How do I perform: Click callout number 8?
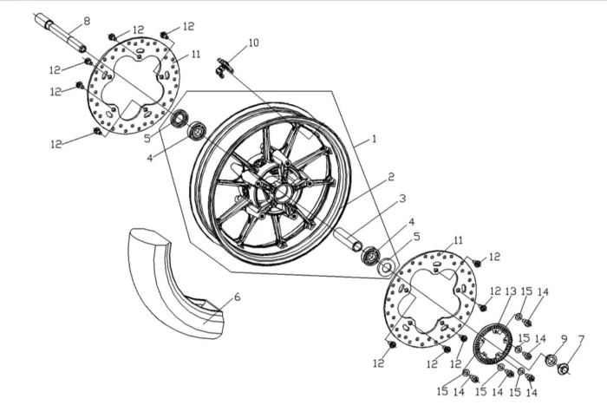[86, 20]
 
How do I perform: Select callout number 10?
[253, 42]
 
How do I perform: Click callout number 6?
[238, 297]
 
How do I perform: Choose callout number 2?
[391, 176]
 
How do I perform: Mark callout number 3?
[402, 199]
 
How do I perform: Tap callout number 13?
[510, 291]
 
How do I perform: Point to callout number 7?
[581, 338]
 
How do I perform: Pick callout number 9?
[563, 338]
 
